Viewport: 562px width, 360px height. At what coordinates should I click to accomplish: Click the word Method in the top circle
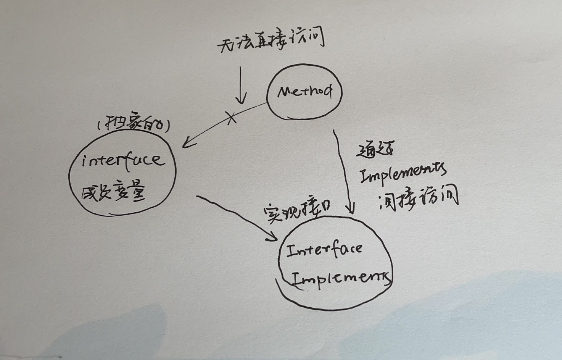coord(304,92)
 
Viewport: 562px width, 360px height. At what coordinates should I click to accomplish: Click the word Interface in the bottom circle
coord(324,250)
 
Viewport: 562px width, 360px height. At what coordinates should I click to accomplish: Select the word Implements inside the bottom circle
coord(341,279)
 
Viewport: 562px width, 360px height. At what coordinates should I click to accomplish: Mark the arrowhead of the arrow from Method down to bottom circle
coord(350,210)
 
